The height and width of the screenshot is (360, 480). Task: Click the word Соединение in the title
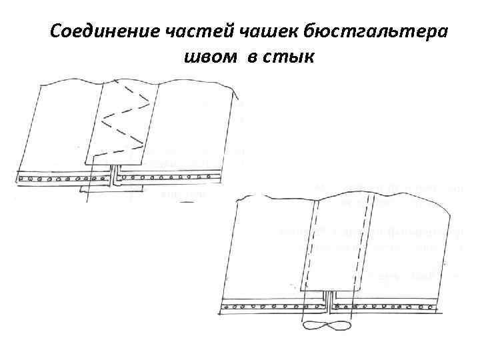[x=94, y=31]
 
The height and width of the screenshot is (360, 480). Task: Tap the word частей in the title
[x=179, y=31]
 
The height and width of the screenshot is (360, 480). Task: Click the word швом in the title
[x=211, y=57]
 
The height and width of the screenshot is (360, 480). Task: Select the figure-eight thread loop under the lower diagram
[x=326, y=326]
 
